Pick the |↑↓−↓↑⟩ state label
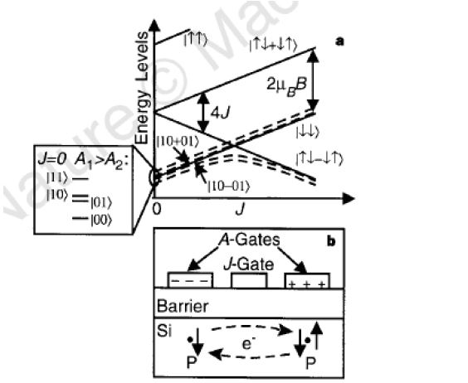coord(318,158)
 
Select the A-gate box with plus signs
coord(306,282)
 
